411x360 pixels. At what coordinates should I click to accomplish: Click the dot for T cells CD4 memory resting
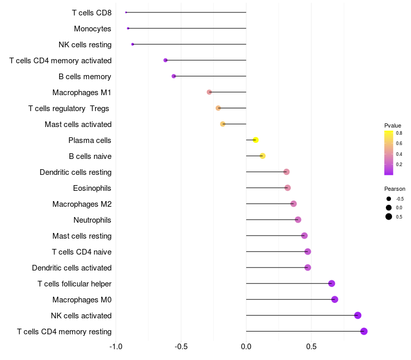pyautogui.click(x=364, y=331)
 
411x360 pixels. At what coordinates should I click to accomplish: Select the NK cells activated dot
pyautogui.click(x=358, y=315)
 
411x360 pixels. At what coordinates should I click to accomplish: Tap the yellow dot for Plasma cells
pyautogui.click(x=255, y=140)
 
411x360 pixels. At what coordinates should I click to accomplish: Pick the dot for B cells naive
pyautogui.click(x=263, y=156)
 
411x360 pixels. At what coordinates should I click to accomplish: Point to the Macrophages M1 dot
pyautogui.click(x=209, y=92)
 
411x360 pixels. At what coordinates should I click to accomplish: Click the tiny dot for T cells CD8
pyautogui.click(x=126, y=12)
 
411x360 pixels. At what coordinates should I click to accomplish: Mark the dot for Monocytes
pyautogui.click(x=128, y=28)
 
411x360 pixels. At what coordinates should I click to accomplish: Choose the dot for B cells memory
pyautogui.click(x=174, y=76)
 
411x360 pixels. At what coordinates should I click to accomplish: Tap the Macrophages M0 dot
pyautogui.click(x=334, y=299)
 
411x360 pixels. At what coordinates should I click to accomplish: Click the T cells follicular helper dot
pyautogui.click(x=331, y=283)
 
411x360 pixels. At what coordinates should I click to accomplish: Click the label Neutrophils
pyautogui.click(x=92, y=220)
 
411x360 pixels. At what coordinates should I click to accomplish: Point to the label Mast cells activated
pyautogui.click(x=78, y=124)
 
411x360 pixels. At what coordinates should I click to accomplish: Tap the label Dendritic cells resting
pyautogui.click(x=76, y=172)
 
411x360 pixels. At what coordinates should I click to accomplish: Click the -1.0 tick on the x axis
pyautogui.click(x=116, y=347)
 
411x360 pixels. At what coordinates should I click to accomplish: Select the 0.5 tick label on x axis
pyautogui.click(x=311, y=347)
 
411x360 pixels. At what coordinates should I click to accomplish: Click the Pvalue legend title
pyautogui.click(x=393, y=125)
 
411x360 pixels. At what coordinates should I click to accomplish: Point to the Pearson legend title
pyautogui.click(x=395, y=189)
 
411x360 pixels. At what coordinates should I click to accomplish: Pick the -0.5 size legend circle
pyautogui.click(x=389, y=199)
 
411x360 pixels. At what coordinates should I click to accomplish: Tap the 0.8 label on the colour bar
pyautogui.click(x=399, y=133)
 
